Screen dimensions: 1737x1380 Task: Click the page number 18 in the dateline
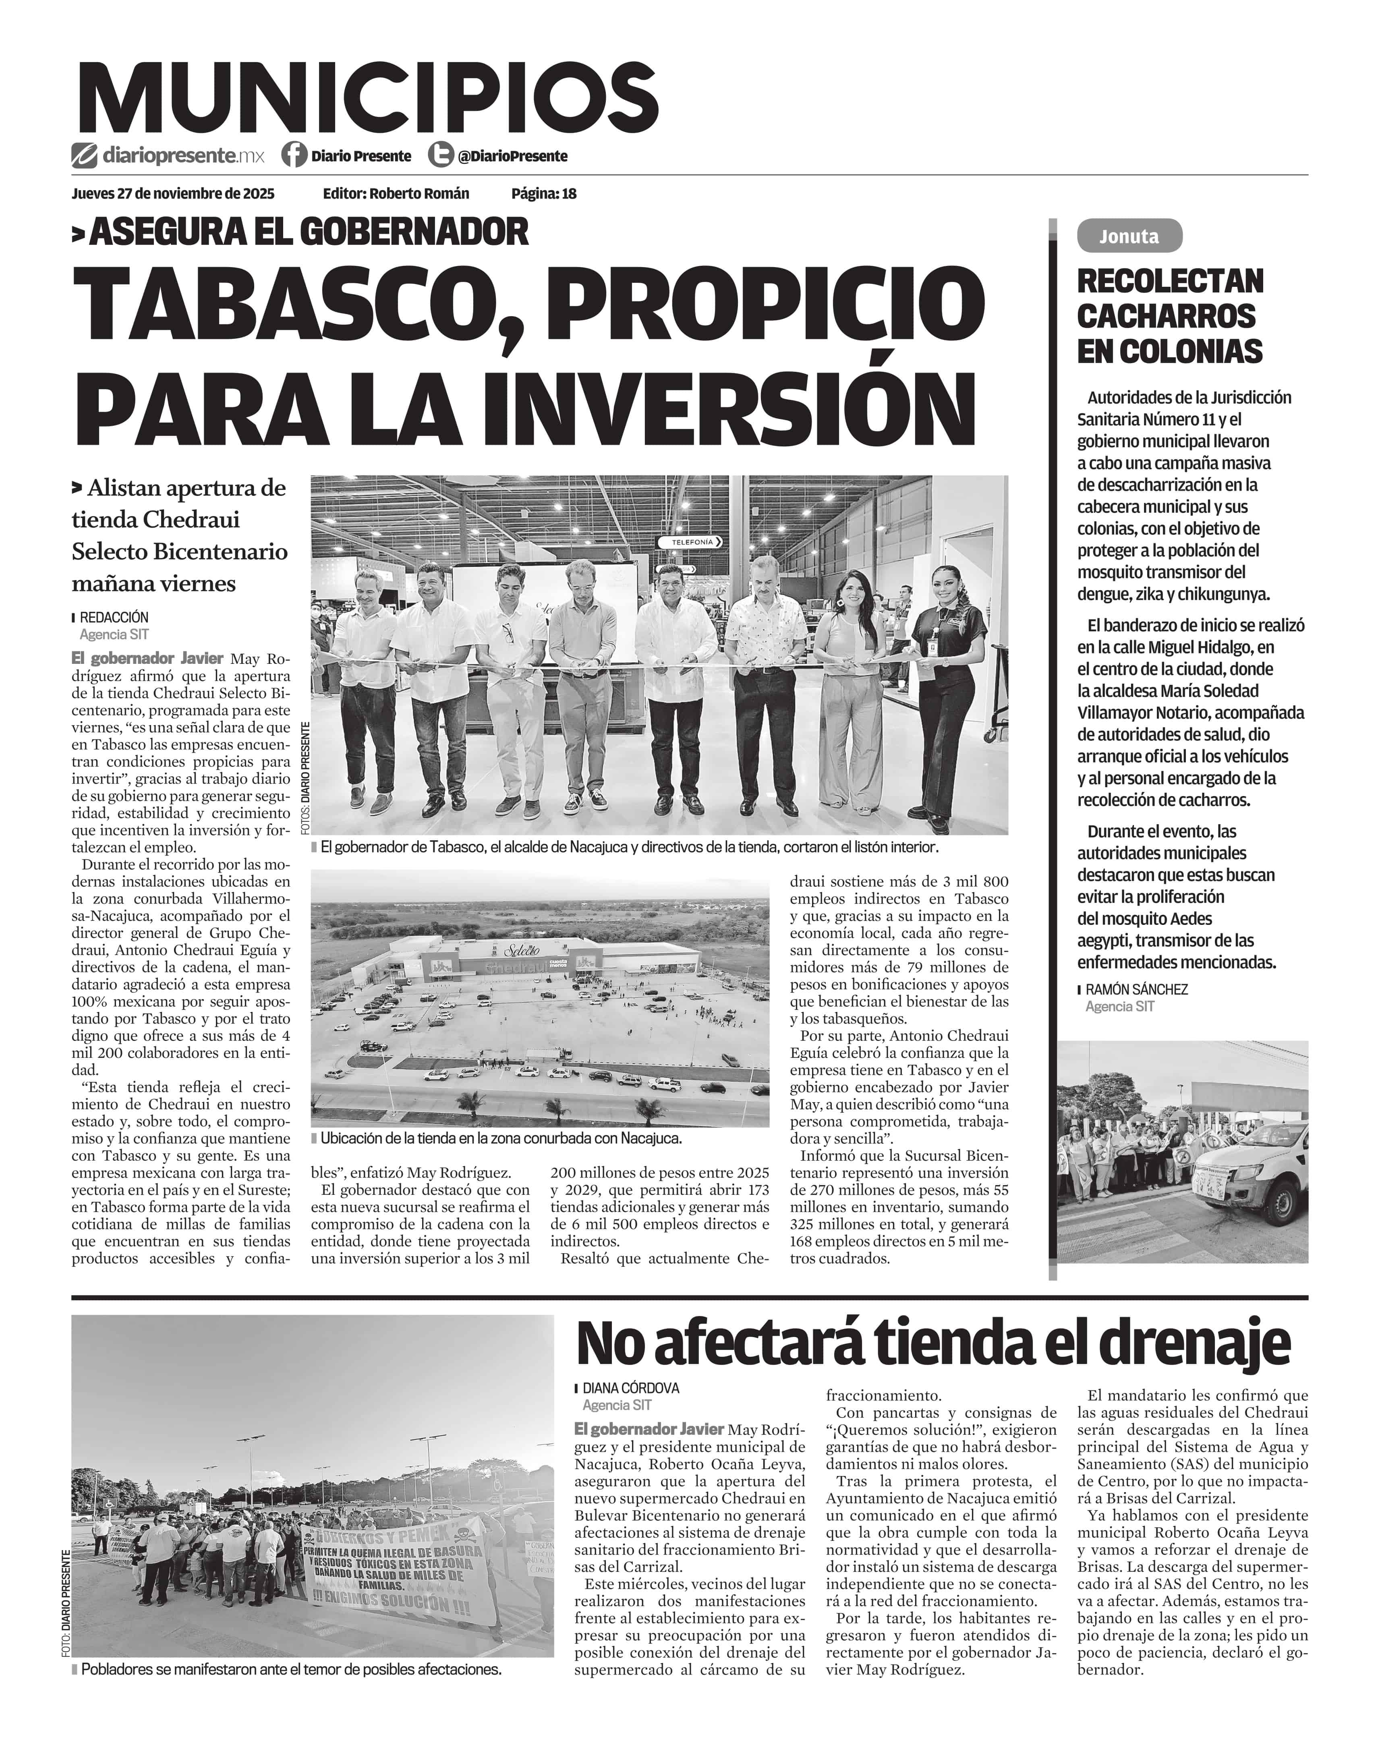click(x=569, y=193)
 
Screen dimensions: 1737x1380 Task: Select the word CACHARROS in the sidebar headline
click(x=1166, y=316)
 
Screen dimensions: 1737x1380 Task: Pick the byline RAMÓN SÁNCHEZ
click(x=1136, y=989)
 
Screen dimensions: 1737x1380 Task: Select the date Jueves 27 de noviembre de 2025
click(x=173, y=193)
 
